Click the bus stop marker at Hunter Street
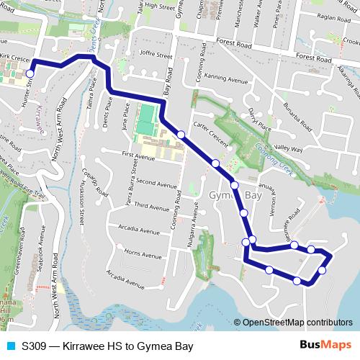point(30,73)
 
